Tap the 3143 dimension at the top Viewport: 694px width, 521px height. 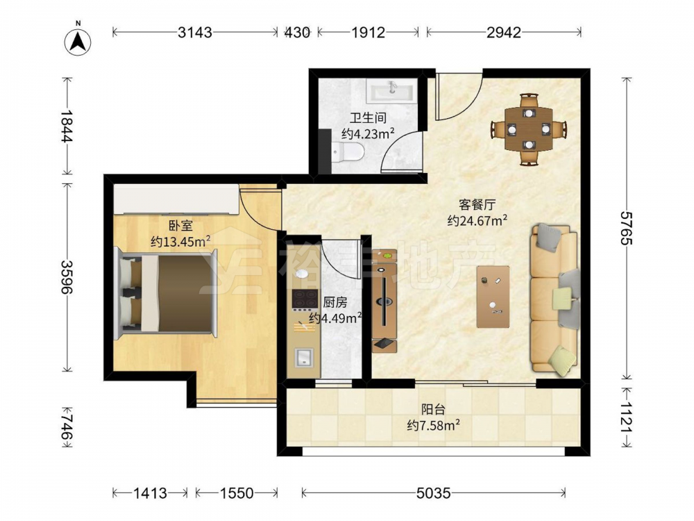coord(195,32)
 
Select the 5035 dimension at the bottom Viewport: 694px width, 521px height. coord(433,493)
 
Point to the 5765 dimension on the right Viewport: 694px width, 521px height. coord(626,228)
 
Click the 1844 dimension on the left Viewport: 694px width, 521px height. coord(67,126)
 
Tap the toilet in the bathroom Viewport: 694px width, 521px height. coord(348,152)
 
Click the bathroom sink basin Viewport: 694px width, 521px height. coord(391,91)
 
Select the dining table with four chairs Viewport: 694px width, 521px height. coord(528,129)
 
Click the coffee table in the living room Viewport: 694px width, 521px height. coord(493,297)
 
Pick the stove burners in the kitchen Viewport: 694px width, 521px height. coord(305,299)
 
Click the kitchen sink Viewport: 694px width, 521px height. coord(304,357)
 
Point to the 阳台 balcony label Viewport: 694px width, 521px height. coord(433,409)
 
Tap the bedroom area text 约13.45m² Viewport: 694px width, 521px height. coord(180,242)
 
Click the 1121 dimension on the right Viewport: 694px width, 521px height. coord(626,417)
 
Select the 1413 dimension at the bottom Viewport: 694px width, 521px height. coord(151,493)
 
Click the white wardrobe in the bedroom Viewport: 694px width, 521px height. coord(176,199)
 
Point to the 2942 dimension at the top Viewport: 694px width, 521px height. coord(504,32)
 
